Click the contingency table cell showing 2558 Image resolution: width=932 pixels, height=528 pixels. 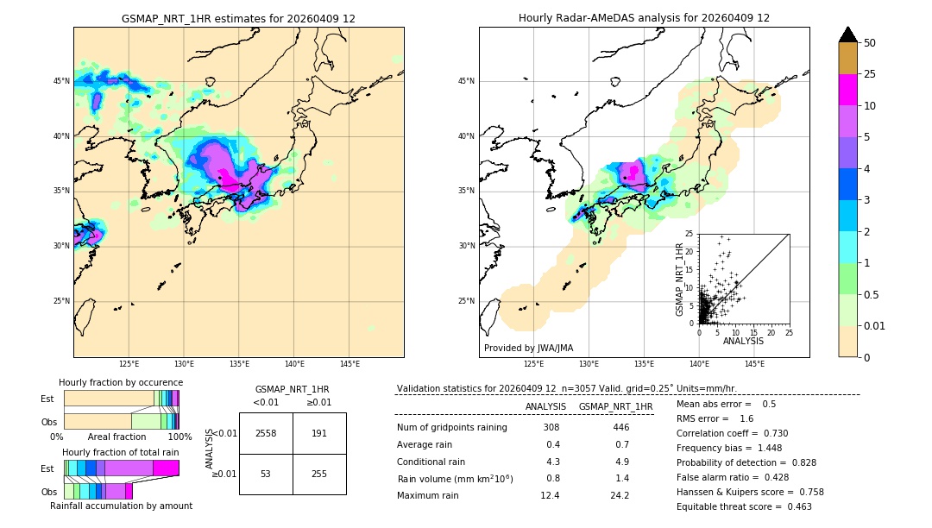point(266,433)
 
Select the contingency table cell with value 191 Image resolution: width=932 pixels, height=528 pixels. point(319,433)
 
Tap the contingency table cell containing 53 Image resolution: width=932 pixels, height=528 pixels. point(266,474)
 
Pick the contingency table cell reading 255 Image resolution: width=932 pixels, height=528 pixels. point(319,474)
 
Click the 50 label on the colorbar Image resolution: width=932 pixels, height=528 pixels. point(870,43)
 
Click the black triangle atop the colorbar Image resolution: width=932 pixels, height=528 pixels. point(848,35)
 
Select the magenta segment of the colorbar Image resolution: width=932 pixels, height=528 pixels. point(848,90)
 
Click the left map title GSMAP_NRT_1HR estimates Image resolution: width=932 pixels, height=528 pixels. point(238,18)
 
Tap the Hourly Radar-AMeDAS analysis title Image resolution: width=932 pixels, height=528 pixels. point(644,18)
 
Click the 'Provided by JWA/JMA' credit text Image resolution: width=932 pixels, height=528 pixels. point(528,348)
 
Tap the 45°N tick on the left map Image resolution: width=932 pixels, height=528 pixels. point(60,81)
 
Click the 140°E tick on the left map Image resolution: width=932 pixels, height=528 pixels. point(294,365)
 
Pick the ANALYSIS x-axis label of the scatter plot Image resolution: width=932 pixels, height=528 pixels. point(743,341)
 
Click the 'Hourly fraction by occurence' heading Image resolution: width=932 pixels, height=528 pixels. point(121,382)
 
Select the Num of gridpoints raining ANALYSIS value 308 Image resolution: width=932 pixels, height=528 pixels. point(551,427)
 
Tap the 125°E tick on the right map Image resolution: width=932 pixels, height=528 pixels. point(534,365)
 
